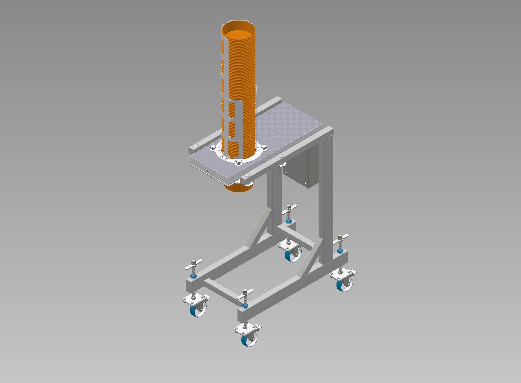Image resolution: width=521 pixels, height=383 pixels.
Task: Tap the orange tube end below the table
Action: click(239, 188)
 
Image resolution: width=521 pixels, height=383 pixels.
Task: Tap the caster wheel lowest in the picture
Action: click(249, 340)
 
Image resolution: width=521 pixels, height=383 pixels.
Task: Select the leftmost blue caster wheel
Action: click(198, 311)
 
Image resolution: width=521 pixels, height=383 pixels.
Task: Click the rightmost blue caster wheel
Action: click(345, 285)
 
